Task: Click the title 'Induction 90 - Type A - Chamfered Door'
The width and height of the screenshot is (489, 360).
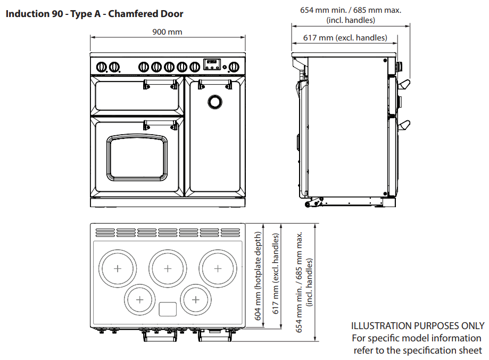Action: click(x=94, y=13)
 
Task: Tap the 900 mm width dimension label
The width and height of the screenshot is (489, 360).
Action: click(x=167, y=32)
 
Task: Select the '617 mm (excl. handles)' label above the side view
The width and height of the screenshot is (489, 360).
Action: click(x=345, y=38)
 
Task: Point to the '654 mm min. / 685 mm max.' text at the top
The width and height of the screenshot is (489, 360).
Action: click(x=350, y=10)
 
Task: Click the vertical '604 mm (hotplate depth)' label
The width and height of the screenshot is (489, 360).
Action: click(x=258, y=275)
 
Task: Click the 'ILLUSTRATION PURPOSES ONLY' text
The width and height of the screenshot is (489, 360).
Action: click(x=418, y=325)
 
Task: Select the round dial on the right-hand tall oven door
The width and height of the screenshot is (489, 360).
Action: click(x=215, y=101)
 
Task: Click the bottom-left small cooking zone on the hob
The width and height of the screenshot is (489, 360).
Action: click(x=139, y=299)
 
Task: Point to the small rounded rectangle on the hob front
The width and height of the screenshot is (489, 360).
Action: click(x=168, y=309)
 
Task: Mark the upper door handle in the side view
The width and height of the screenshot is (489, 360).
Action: click(x=404, y=84)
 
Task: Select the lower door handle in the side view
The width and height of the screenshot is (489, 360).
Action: click(x=404, y=125)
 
